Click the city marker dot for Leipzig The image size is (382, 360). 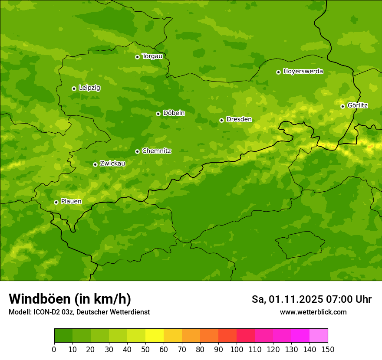(74, 88)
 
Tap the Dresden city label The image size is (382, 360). (239, 119)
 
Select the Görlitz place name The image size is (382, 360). (357, 105)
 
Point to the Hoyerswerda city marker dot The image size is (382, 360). (278, 72)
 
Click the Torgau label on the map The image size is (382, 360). (152, 56)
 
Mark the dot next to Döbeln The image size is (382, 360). (158, 114)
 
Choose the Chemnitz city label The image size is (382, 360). (156, 151)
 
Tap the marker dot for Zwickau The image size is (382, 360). (95, 164)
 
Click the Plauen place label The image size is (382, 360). (71, 202)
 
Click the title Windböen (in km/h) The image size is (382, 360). (70, 299)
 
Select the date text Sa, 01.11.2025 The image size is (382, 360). (287, 299)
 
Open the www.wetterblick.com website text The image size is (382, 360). (313, 312)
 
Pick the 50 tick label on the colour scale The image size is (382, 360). (145, 349)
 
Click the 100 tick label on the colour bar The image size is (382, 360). (237, 349)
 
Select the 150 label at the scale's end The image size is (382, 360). (328, 349)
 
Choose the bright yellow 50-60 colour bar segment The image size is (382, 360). (155, 336)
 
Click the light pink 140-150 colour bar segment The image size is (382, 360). (319, 336)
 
